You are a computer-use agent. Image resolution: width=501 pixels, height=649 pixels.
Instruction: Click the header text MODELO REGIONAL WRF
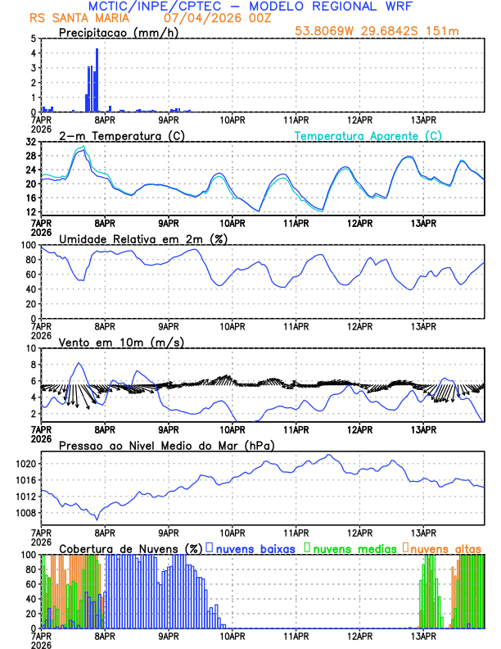click(345, 7)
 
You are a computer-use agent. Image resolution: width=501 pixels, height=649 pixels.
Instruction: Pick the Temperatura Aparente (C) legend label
click(368, 135)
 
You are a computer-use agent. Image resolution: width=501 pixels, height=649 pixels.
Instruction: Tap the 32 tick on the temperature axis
click(30, 142)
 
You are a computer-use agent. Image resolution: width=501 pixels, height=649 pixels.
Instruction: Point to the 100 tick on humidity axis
click(27, 245)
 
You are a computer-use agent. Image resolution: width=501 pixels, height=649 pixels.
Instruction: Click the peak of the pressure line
click(329, 455)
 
